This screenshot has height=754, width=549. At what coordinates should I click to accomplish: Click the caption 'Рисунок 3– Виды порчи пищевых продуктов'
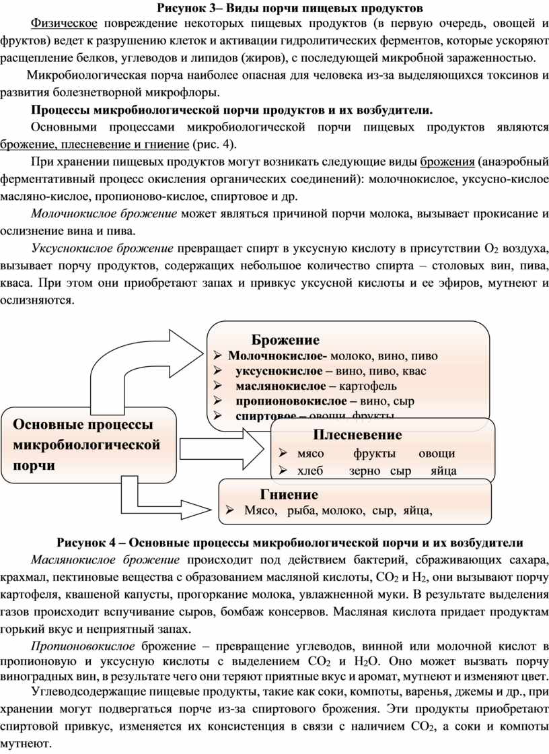[291, 9]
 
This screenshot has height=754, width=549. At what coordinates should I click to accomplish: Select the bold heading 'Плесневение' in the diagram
[357, 434]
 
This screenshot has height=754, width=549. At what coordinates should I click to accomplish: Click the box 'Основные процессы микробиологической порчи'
[88, 445]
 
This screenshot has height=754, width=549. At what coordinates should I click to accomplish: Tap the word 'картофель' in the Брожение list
[368, 386]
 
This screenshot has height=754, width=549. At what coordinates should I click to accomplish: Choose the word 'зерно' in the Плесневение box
[365, 471]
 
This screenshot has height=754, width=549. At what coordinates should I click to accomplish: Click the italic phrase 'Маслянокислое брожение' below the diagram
[106, 559]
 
